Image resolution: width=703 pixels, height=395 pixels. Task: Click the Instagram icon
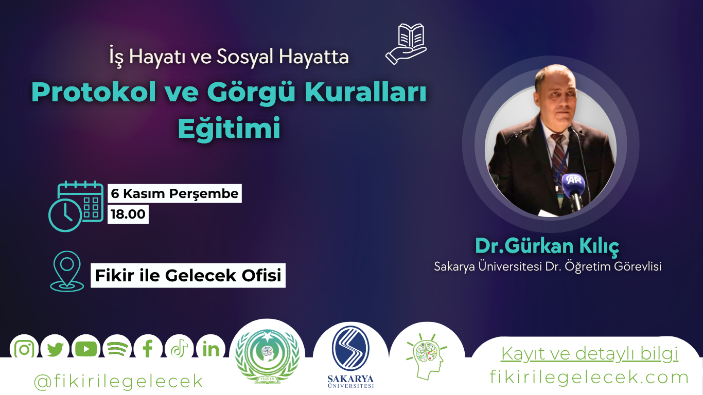click(24, 349)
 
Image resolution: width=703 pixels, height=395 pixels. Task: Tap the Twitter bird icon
click(55, 349)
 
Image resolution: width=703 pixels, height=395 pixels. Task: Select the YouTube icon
click(86, 349)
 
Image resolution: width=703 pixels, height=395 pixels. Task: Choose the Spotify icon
click(117, 349)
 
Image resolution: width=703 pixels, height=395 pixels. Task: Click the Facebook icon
click(148, 349)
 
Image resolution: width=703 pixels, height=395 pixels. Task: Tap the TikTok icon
click(179, 349)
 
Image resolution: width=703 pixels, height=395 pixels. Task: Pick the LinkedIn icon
click(210, 349)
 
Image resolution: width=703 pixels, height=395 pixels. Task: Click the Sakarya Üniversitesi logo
click(350, 355)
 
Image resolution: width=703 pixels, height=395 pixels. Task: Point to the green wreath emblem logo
click(267, 353)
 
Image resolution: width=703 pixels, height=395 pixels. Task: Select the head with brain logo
click(425, 355)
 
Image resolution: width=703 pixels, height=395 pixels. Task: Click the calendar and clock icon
click(76, 206)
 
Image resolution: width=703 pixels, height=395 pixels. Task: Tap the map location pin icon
click(67, 271)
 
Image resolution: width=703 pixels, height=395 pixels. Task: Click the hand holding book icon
click(406, 44)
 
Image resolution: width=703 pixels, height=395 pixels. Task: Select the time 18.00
click(128, 214)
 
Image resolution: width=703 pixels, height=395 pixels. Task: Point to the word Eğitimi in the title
click(229, 128)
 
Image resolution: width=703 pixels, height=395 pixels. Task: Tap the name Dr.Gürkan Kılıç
click(547, 246)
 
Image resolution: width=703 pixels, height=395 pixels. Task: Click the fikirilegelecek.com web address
click(589, 378)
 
